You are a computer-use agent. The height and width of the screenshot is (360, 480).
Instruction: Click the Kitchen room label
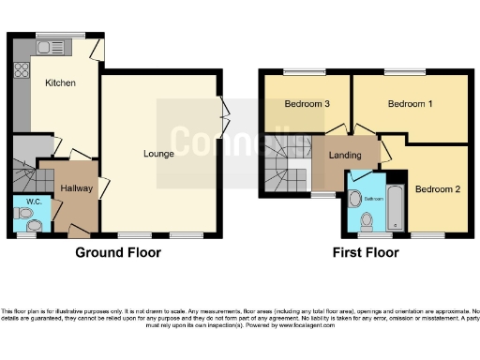tap(60, 82)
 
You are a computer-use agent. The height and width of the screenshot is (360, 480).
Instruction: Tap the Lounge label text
tap(158, 153)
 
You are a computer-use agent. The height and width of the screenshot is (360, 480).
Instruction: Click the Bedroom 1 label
tap(410, 104)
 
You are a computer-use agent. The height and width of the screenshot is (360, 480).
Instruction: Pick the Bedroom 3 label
tap(307, 104)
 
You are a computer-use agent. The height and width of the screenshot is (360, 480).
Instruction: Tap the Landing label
tap(345, 155)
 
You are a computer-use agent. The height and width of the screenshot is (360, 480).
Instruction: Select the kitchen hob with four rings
tap(20, 69)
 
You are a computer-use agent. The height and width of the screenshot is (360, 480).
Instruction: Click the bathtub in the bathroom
tap(396, 208)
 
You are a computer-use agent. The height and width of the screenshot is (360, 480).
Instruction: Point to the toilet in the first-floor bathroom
tap(367, 220)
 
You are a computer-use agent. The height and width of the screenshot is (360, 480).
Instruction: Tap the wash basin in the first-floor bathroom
tap(354, 199)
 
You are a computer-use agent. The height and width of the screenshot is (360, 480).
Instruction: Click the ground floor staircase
tap(25, 169)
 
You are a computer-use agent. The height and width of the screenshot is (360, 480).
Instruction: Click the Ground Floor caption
tap(118, 252)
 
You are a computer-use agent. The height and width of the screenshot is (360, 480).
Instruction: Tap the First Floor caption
tap(366, 252)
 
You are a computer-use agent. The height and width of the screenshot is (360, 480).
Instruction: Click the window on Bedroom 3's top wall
tap(299, 71)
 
